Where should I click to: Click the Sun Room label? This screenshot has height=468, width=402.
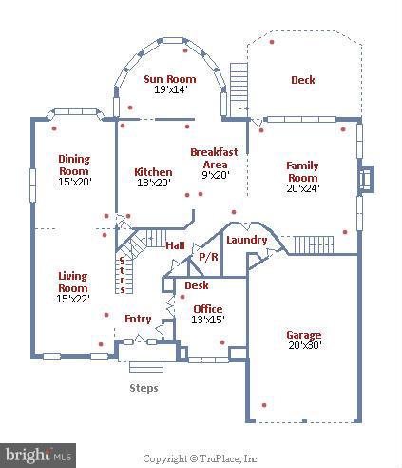pyautogui.click(x=169, y=79)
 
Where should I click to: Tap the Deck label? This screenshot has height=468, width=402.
pyautogui.click(x=302, y=80)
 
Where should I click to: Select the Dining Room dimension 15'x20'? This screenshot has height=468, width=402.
pyautogui.click(x=74, y=182)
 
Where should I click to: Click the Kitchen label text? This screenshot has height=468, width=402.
pyautogui.click(x=153, y=172)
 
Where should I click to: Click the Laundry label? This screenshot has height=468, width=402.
pyautogui.click(x=246, y=240)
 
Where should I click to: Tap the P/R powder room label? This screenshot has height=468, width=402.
pyautogui.click(x=206, y=257)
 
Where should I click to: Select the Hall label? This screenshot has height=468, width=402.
pyautogui.click(x=175, y=246)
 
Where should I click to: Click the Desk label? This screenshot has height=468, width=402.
pyautogui.click(x=197, y=285)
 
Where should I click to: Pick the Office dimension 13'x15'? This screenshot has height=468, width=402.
pyautogui.click(x=207, y=321)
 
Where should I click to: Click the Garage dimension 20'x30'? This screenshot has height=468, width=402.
pyautogui.click(x=304, y=347)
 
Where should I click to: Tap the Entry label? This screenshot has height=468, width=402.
pyautogui.click(x=138, y=318)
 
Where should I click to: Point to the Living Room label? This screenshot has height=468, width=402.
pyautogui.click(x=73, y=282)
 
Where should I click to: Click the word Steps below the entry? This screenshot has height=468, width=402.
pyautogui.click(x=144, y=388)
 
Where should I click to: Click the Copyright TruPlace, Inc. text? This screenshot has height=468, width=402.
pyautogui.click(x=201, y=458)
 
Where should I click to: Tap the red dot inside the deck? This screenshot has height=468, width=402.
pyautogui.click(x=273, y=42)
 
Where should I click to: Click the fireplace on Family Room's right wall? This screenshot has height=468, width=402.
pyautogui.click(x=364, y=180)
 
